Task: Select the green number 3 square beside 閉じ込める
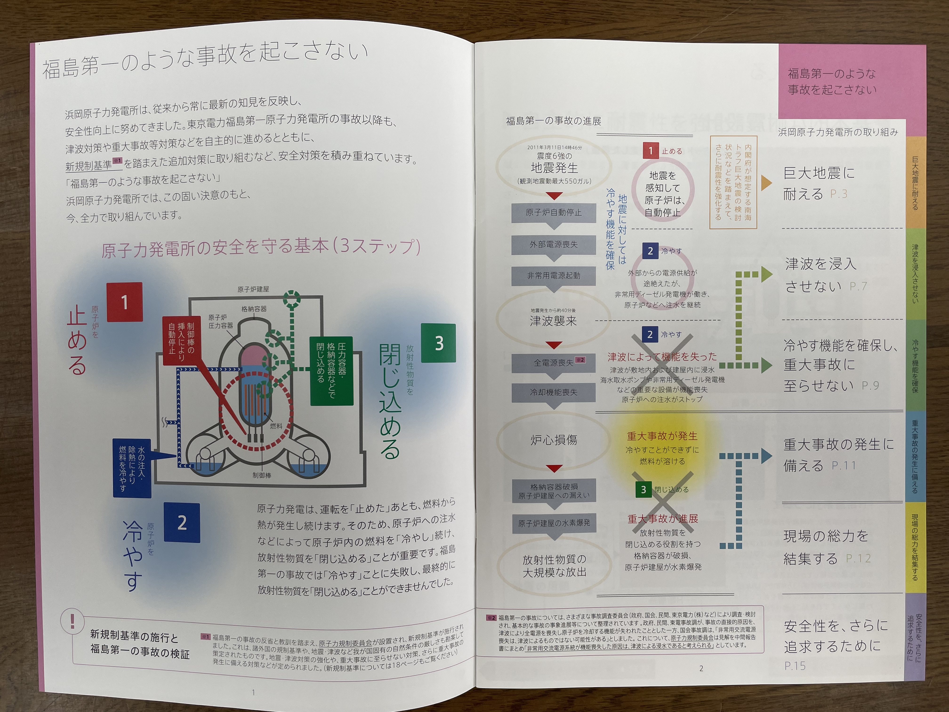pyautogui.click(x=438, y=343)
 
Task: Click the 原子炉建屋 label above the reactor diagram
pyautogui.click(x=253, y=289)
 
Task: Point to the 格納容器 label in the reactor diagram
pyautogui.click(x=254, y=309)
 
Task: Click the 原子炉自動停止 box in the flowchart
pyautogui.click(x=553, y=212)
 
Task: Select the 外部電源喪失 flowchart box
pyautogui.click(x=553, y=244)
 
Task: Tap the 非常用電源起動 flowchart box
pyautogui.click(x=553, y=275)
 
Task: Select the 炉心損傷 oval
pyautogui.click(x=553, y=440)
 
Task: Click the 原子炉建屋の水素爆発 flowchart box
pyautogui.click(x=553, y=523)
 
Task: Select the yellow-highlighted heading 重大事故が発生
pyautogui.click(x=662, y=436)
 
